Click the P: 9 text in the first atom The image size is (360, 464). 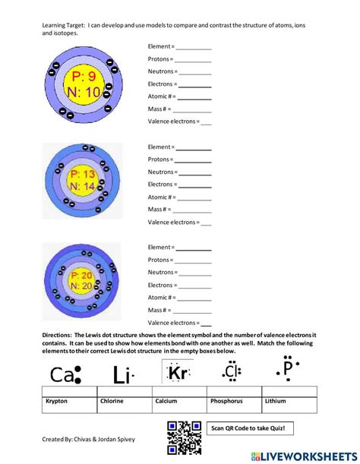tap(83, 77)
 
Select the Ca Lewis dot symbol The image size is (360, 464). tap(65, 374)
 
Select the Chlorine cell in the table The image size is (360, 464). tap(113, 400)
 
